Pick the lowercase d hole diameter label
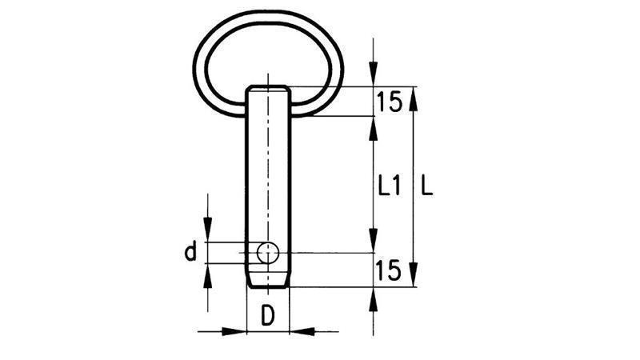(x=190, y=254)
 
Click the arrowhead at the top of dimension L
(x=413, y=96)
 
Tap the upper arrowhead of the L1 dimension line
(x=373, y=126)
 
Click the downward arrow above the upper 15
(x=373, y=76)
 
